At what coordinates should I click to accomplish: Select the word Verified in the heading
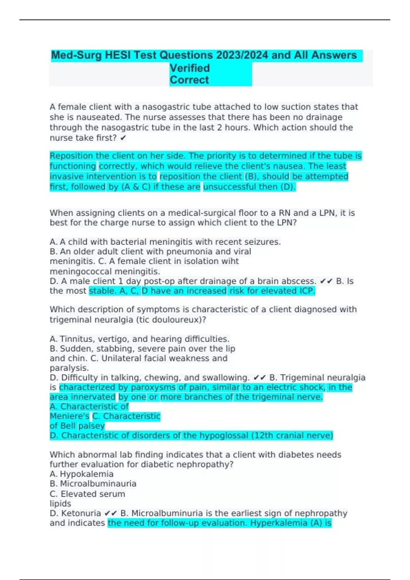point(190,68)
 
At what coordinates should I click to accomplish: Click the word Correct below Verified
point(189,80)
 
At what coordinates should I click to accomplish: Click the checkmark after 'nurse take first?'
point(123,138)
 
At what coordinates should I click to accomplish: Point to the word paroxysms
point(153,388)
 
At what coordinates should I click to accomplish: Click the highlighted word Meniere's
point(69,416)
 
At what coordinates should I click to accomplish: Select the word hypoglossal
point(224,436)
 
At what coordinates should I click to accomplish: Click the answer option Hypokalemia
point(86,474)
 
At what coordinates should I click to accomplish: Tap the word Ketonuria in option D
point(81,513)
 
